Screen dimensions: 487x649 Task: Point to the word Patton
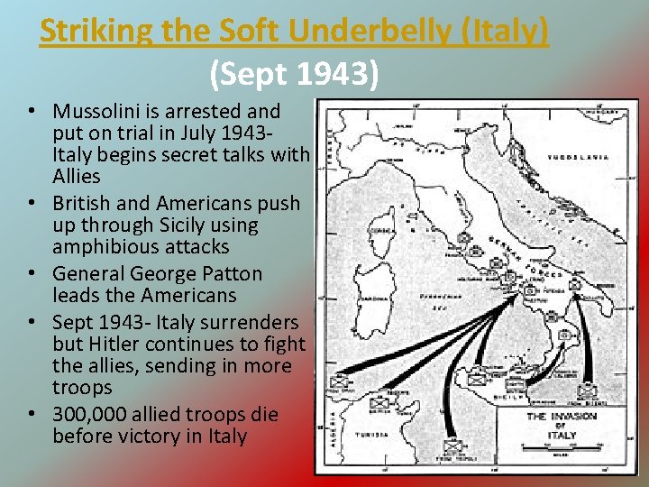[232, 274]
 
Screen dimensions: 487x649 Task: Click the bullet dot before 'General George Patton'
[32, 274]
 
